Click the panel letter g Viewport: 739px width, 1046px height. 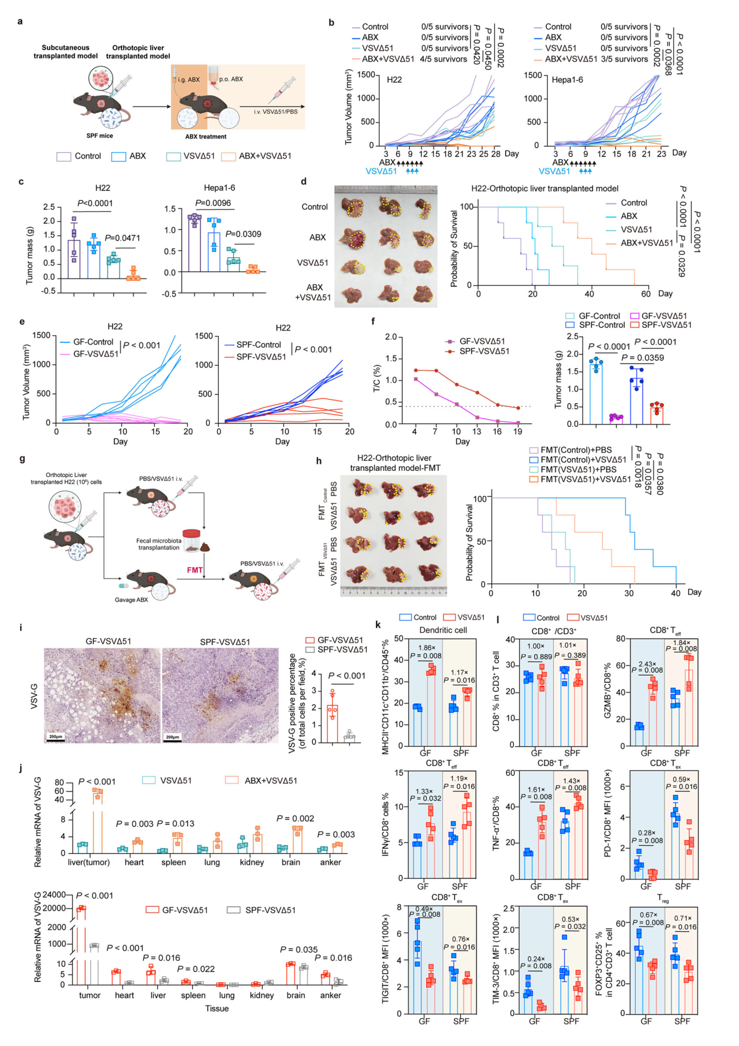click(x=22, y=459)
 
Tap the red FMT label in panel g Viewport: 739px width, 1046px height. click(x=195, y=570)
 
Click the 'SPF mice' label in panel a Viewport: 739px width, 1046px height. click(x=100, y=136)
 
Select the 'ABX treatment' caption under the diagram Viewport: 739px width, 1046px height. click(x=206, y=137)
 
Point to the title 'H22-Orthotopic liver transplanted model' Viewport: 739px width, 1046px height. click(x=544, y=189)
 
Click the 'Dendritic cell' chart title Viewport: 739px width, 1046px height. click(x=443, y=630)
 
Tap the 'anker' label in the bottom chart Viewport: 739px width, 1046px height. click(x=330, y=995)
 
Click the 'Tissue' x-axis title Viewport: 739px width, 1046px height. click(x=217, y=1008)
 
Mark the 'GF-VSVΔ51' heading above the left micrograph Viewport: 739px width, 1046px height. click(x=109, y=641)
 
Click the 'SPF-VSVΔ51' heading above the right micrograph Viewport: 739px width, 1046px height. click(x=225, y=642)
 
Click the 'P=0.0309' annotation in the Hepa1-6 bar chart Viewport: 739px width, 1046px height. click(x=243, y=234)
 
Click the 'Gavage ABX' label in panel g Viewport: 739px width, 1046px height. click(x=131, y=599)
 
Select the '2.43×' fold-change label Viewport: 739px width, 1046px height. click(x=647, y=664)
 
